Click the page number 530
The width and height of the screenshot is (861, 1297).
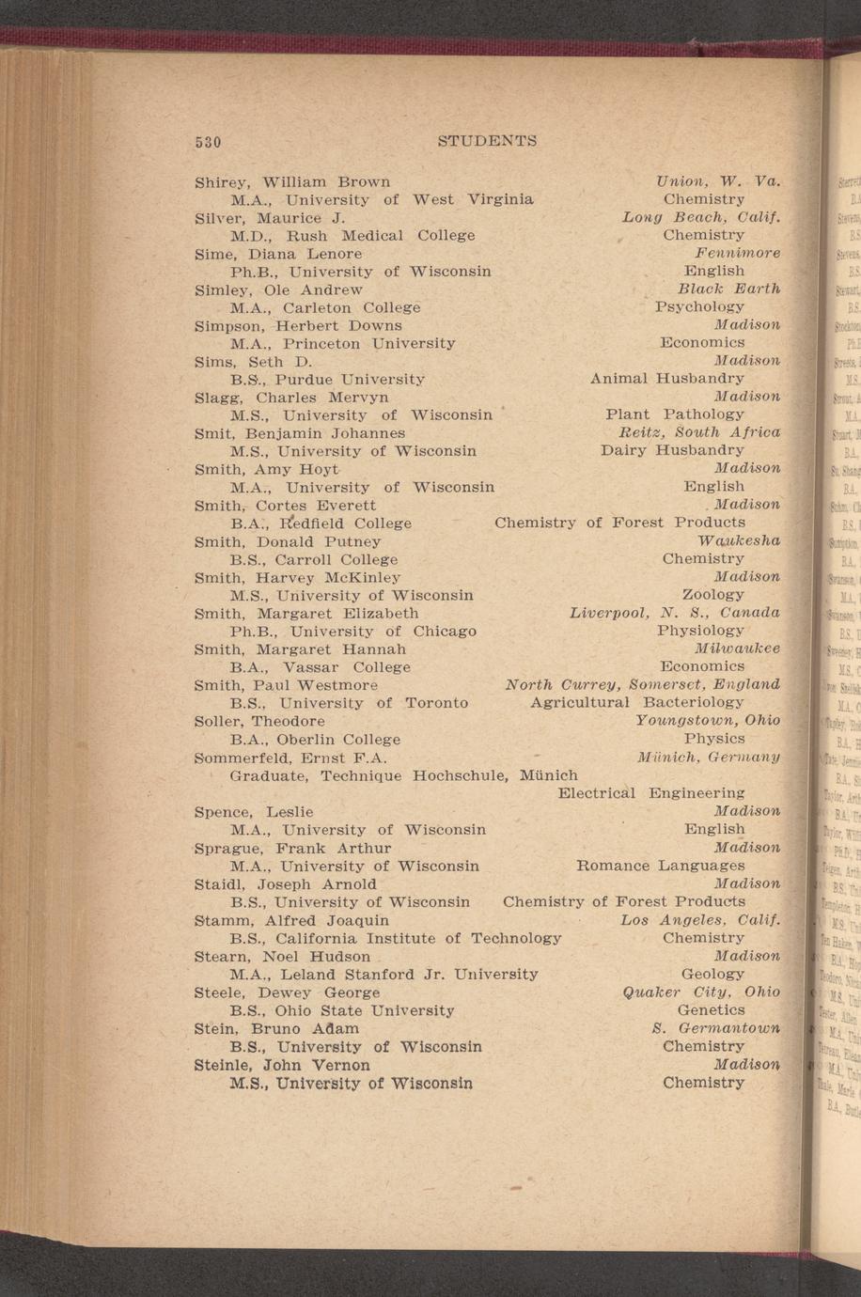[207, 142]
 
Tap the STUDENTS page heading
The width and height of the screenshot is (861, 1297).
[487, 141]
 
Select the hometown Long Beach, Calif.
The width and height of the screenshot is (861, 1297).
[701, 217]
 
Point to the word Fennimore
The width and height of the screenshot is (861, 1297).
[737, 253]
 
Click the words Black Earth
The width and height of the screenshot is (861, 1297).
[728, 289]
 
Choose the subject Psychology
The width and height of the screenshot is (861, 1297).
[699, 306]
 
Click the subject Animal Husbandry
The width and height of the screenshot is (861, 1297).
[666, 379]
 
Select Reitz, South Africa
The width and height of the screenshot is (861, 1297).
[698, 432]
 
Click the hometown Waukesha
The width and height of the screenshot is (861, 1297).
[739, 540]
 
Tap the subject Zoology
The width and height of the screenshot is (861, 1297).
[712, 595]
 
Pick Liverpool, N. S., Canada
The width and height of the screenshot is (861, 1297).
[675, 613]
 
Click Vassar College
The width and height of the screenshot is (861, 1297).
[347, 667]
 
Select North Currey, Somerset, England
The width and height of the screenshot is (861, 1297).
[642, 684]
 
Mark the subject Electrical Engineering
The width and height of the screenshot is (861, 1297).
[650, 793]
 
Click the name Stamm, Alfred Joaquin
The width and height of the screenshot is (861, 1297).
[291, 919]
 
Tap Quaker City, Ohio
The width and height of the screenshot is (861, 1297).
[701, 992]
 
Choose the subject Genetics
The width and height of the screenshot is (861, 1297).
[711, 1010]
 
